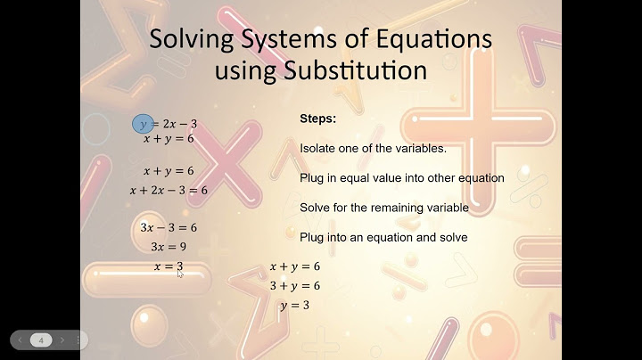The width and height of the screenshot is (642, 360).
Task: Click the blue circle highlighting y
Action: pos(143,124)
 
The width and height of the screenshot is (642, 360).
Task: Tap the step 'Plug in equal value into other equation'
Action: pos(402,178)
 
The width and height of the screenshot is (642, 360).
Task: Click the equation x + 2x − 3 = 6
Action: pos(169,190)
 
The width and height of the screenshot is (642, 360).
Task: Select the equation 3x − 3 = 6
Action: pos(169,227)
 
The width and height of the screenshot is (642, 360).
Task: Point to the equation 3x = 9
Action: pos(168,247)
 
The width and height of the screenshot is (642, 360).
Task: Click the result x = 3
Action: pos(168,266)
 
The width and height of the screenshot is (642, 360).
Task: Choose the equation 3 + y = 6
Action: pos(294,286)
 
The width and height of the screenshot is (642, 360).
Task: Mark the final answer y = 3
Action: pos(294,306)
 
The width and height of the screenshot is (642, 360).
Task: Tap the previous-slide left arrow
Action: pos(19,340)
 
